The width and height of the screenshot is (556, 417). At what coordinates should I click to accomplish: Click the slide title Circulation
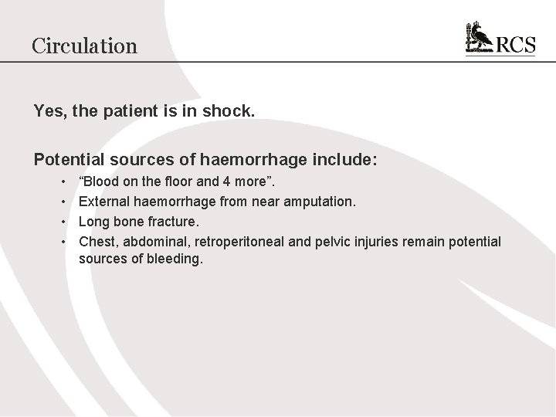pos(84,46)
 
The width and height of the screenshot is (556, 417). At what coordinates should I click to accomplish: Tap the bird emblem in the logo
pos(480,39)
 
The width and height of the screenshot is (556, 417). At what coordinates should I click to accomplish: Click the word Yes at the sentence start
pos(48,111)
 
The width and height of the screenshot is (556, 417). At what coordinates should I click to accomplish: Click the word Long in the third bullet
pos(93,223)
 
